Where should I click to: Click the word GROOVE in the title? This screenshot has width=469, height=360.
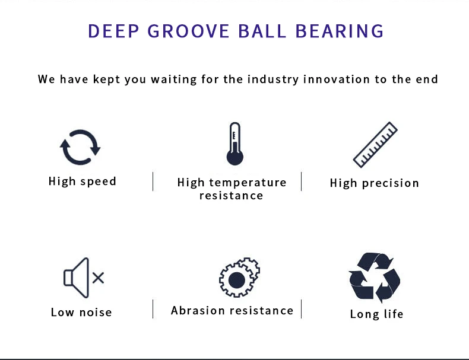tap(188, 31)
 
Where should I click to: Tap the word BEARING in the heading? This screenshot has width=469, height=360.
tap(340, 31)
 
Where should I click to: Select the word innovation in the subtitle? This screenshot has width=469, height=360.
tap(337, 79)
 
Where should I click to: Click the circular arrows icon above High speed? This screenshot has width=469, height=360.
tap(80, 147)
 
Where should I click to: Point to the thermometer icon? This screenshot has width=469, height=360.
tap(235, 144)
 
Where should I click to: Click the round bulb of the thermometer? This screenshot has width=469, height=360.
tap(235, 157)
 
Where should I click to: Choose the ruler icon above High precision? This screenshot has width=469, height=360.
tap(375, 145)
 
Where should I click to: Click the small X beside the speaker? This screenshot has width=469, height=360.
tap(98, 278)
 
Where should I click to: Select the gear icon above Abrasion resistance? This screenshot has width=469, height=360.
tap(239, 277)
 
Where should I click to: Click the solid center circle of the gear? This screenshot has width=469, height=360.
tap(237, 281)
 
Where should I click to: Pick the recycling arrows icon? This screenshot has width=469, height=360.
tap(375, 277)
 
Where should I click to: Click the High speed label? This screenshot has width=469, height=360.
tap(83, 181)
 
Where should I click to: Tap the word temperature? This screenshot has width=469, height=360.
tap(248, 183)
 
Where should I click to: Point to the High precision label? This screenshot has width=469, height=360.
tap(375, 183)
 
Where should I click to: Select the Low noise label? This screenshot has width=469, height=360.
tap(81, 312)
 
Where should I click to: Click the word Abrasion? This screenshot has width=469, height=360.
tap(198, 310)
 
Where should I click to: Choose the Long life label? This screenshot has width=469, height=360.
tap(376, 314)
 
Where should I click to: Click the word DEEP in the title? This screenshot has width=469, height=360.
tap(113, 31)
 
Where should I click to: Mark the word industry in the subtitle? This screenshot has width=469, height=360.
tap(272, 79)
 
